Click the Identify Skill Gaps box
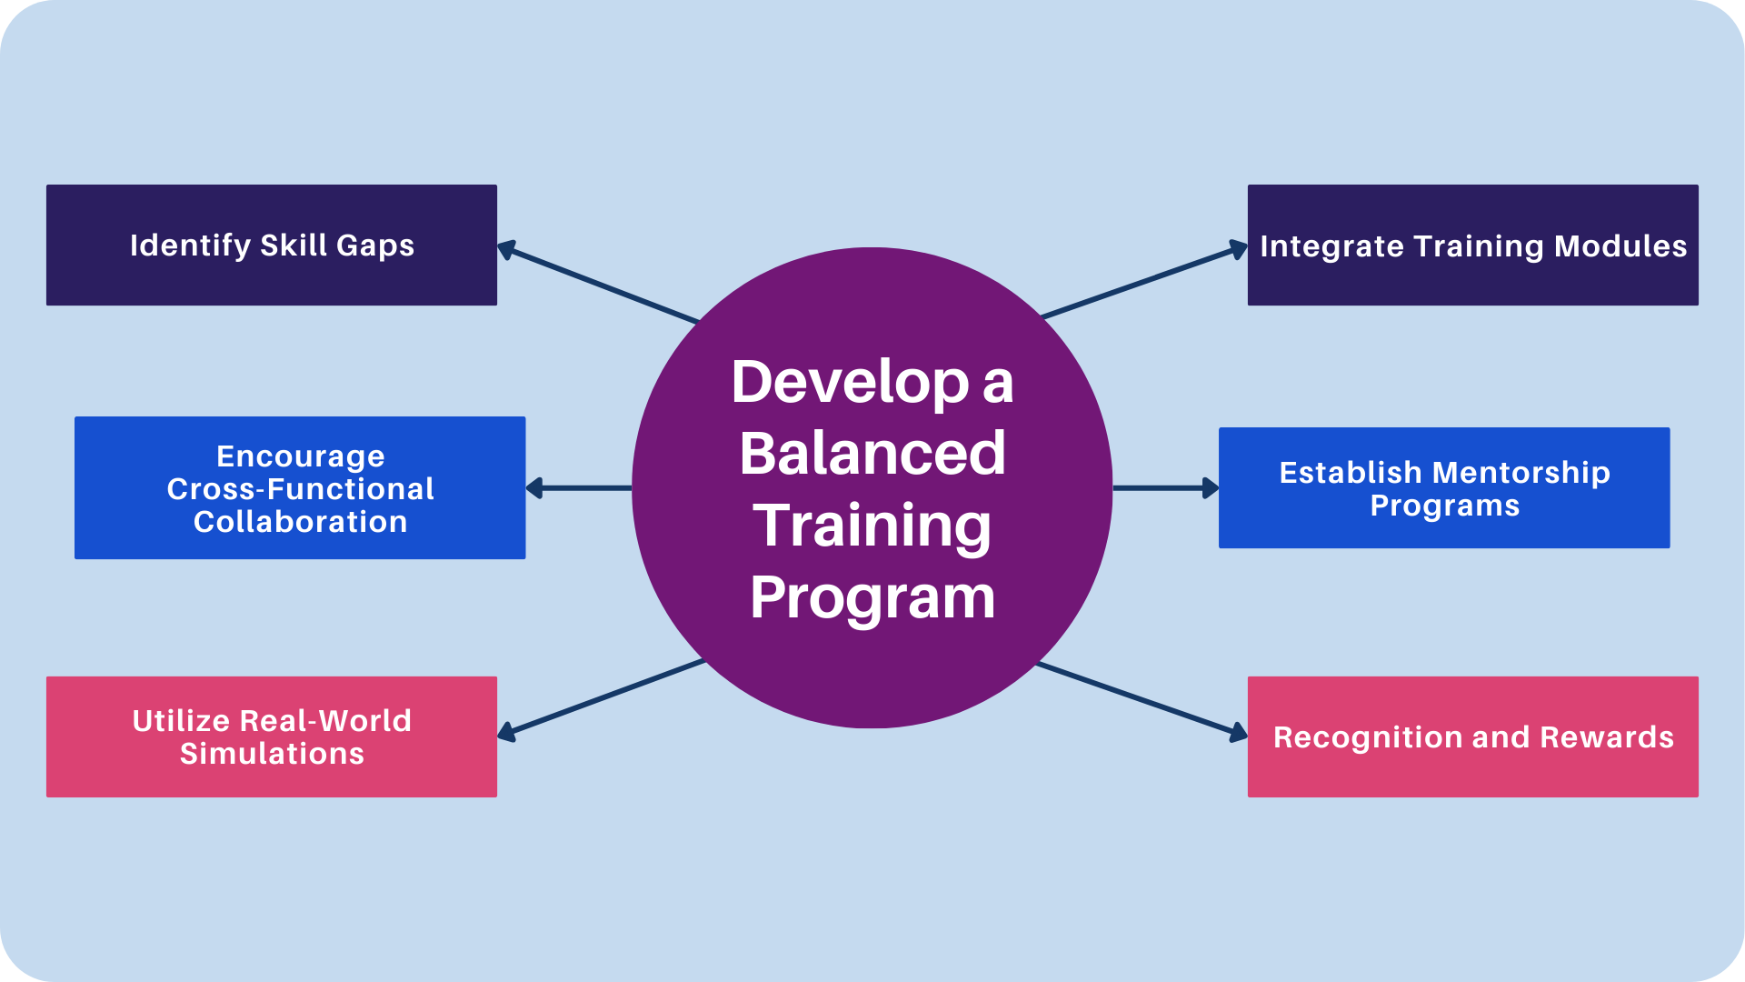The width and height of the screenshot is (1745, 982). tap(271, 245)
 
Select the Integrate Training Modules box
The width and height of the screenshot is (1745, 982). tap(1472, 245)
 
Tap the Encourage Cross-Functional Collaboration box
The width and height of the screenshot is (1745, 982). tap(300, 487)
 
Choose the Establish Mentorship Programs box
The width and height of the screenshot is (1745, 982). tap(1444, 487)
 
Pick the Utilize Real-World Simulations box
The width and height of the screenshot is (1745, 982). tap(271, 736)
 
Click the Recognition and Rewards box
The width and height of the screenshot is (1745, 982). tap(1472, 736)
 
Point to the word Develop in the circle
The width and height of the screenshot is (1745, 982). tap(850, 382)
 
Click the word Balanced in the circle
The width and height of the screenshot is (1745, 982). tap(872, 453)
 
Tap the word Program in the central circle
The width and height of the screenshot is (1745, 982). tap(872, 597)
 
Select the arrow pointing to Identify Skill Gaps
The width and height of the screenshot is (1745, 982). tap(598, 283)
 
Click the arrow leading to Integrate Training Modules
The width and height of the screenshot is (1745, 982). tap(1143, 283)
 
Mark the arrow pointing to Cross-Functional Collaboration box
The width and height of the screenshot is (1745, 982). tap(579, 488)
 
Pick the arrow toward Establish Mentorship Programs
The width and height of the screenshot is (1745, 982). tap(1165, 488)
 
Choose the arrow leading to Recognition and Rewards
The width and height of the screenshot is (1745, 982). tap(1142, 698)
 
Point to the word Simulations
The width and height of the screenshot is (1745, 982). tap(272, 754)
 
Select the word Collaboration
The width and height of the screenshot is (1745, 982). tap(300, 522)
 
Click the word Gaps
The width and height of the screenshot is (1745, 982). tap(374, 245)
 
